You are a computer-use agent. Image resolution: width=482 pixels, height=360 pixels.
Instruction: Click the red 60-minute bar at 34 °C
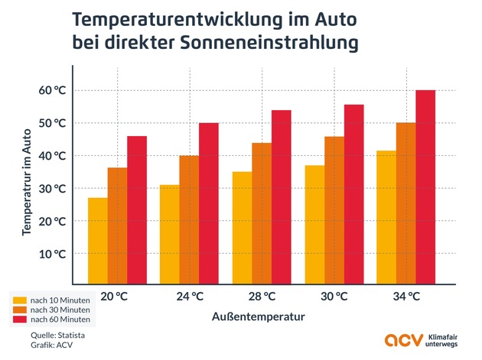[x=425, y=187]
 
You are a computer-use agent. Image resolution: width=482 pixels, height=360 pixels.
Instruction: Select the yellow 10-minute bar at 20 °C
[x=98, y=241]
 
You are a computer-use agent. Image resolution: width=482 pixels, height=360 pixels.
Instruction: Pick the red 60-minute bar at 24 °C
[x=209, y=203]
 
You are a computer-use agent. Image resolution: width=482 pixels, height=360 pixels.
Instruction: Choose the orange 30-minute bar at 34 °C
[x=405, y=203]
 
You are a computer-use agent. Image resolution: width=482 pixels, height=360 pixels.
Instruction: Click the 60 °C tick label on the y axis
[x=53, y=90]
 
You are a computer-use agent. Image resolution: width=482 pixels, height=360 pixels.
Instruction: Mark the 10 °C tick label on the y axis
[x=53, y=253]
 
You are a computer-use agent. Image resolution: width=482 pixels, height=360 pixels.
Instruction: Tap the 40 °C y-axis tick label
[x=53, y=155]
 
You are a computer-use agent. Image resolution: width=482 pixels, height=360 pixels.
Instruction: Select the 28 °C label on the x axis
[x=262, y=296]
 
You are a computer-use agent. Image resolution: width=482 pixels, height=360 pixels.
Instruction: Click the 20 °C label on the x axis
[x=117, y=296]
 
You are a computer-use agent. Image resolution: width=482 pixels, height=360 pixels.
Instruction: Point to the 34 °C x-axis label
[x=405, y=296]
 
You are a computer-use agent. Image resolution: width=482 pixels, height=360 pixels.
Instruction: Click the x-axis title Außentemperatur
[x=262, y=315]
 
